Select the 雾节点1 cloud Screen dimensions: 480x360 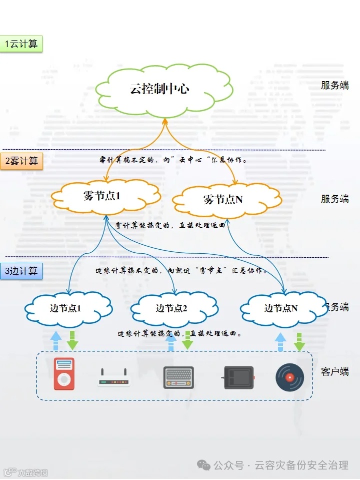(105, 196)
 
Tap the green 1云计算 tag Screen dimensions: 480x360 (21, 44)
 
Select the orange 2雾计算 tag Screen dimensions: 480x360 (21, 161)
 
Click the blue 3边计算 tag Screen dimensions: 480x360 (21, 271)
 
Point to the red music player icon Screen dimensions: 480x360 (63, 374)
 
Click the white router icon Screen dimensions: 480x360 (113, 378)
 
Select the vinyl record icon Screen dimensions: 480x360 (289, 377)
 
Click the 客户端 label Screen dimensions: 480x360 (334, 372)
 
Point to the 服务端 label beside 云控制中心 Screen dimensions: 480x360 (334, 85)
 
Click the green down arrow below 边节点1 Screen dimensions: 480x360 (73, 340)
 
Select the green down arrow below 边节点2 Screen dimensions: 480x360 (187, 340)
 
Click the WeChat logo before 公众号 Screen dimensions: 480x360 (203, 465)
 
